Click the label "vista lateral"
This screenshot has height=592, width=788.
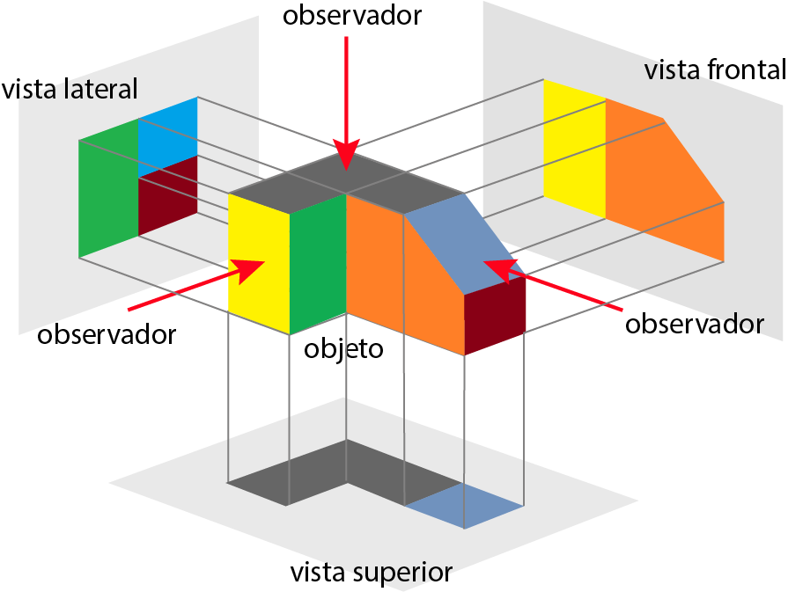click(x=70, y=89)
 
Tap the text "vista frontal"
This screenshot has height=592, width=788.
click(x=715, y=69)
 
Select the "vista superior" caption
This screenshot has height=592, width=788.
click(x=372, y=573)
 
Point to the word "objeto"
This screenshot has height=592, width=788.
click(x=343, y=348)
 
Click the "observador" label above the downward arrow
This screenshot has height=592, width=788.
click(x=352, y=15)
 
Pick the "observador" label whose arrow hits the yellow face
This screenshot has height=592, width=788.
click(x=107, y=334)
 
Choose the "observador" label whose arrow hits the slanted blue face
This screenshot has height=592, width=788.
click(x=695, y=324)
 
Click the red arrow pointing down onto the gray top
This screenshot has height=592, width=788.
click(x=346, y=103)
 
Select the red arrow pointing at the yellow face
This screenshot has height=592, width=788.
click(x=196, y=285)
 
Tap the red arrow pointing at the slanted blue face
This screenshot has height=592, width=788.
click(x=553, y=284)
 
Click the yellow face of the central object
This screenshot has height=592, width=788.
click(x=258, y=264)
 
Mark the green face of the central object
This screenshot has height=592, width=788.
click(x=318, y=264)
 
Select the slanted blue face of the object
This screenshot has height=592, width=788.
click(x=465, y=244)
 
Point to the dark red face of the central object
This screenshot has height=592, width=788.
click(x=495, y=315)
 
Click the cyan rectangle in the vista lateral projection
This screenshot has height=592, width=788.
click(x=168, y=136)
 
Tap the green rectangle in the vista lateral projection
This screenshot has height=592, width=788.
click(x=108, y=188)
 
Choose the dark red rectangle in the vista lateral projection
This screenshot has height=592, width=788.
click(x=168, y=196)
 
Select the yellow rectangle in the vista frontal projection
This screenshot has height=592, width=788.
click(x=574, y=148)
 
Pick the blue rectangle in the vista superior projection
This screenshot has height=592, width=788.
click(x=464, y=506)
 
